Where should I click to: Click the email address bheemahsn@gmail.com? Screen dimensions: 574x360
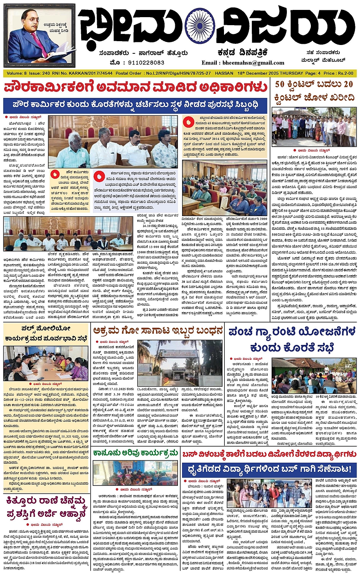pos(250,63)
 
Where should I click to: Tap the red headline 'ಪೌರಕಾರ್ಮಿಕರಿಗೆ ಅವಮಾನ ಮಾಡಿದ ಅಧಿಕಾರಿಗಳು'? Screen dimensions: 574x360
pos(136,87)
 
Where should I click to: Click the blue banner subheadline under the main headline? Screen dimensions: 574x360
pos(136,104)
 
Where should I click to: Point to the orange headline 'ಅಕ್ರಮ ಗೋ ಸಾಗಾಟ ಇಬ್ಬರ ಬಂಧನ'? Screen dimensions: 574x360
pos(158,331)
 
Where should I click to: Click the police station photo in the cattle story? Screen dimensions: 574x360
pos(179,363)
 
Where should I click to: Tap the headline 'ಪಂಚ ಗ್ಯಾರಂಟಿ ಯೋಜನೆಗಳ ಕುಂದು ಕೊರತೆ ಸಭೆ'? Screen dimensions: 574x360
pos(292,339)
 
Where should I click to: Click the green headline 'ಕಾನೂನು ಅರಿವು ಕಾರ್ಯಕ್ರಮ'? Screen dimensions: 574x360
pos(136,453)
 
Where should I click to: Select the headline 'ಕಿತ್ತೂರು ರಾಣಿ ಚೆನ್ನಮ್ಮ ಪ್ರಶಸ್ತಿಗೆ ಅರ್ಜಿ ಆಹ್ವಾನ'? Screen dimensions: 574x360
pos(47,507)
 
